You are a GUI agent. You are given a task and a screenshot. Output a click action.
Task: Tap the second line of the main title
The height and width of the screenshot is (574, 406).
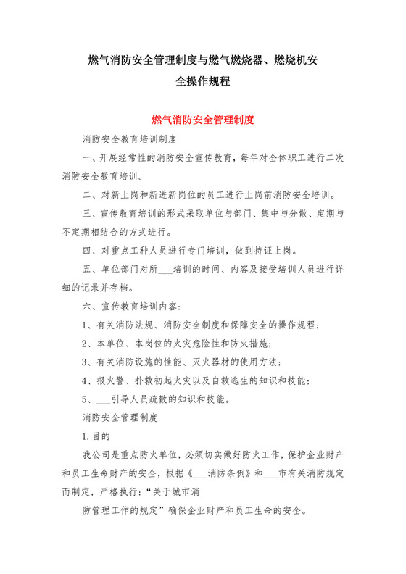(x=202, y=81)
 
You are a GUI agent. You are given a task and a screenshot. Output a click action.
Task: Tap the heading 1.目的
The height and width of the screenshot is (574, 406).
(x=96, y=437)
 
